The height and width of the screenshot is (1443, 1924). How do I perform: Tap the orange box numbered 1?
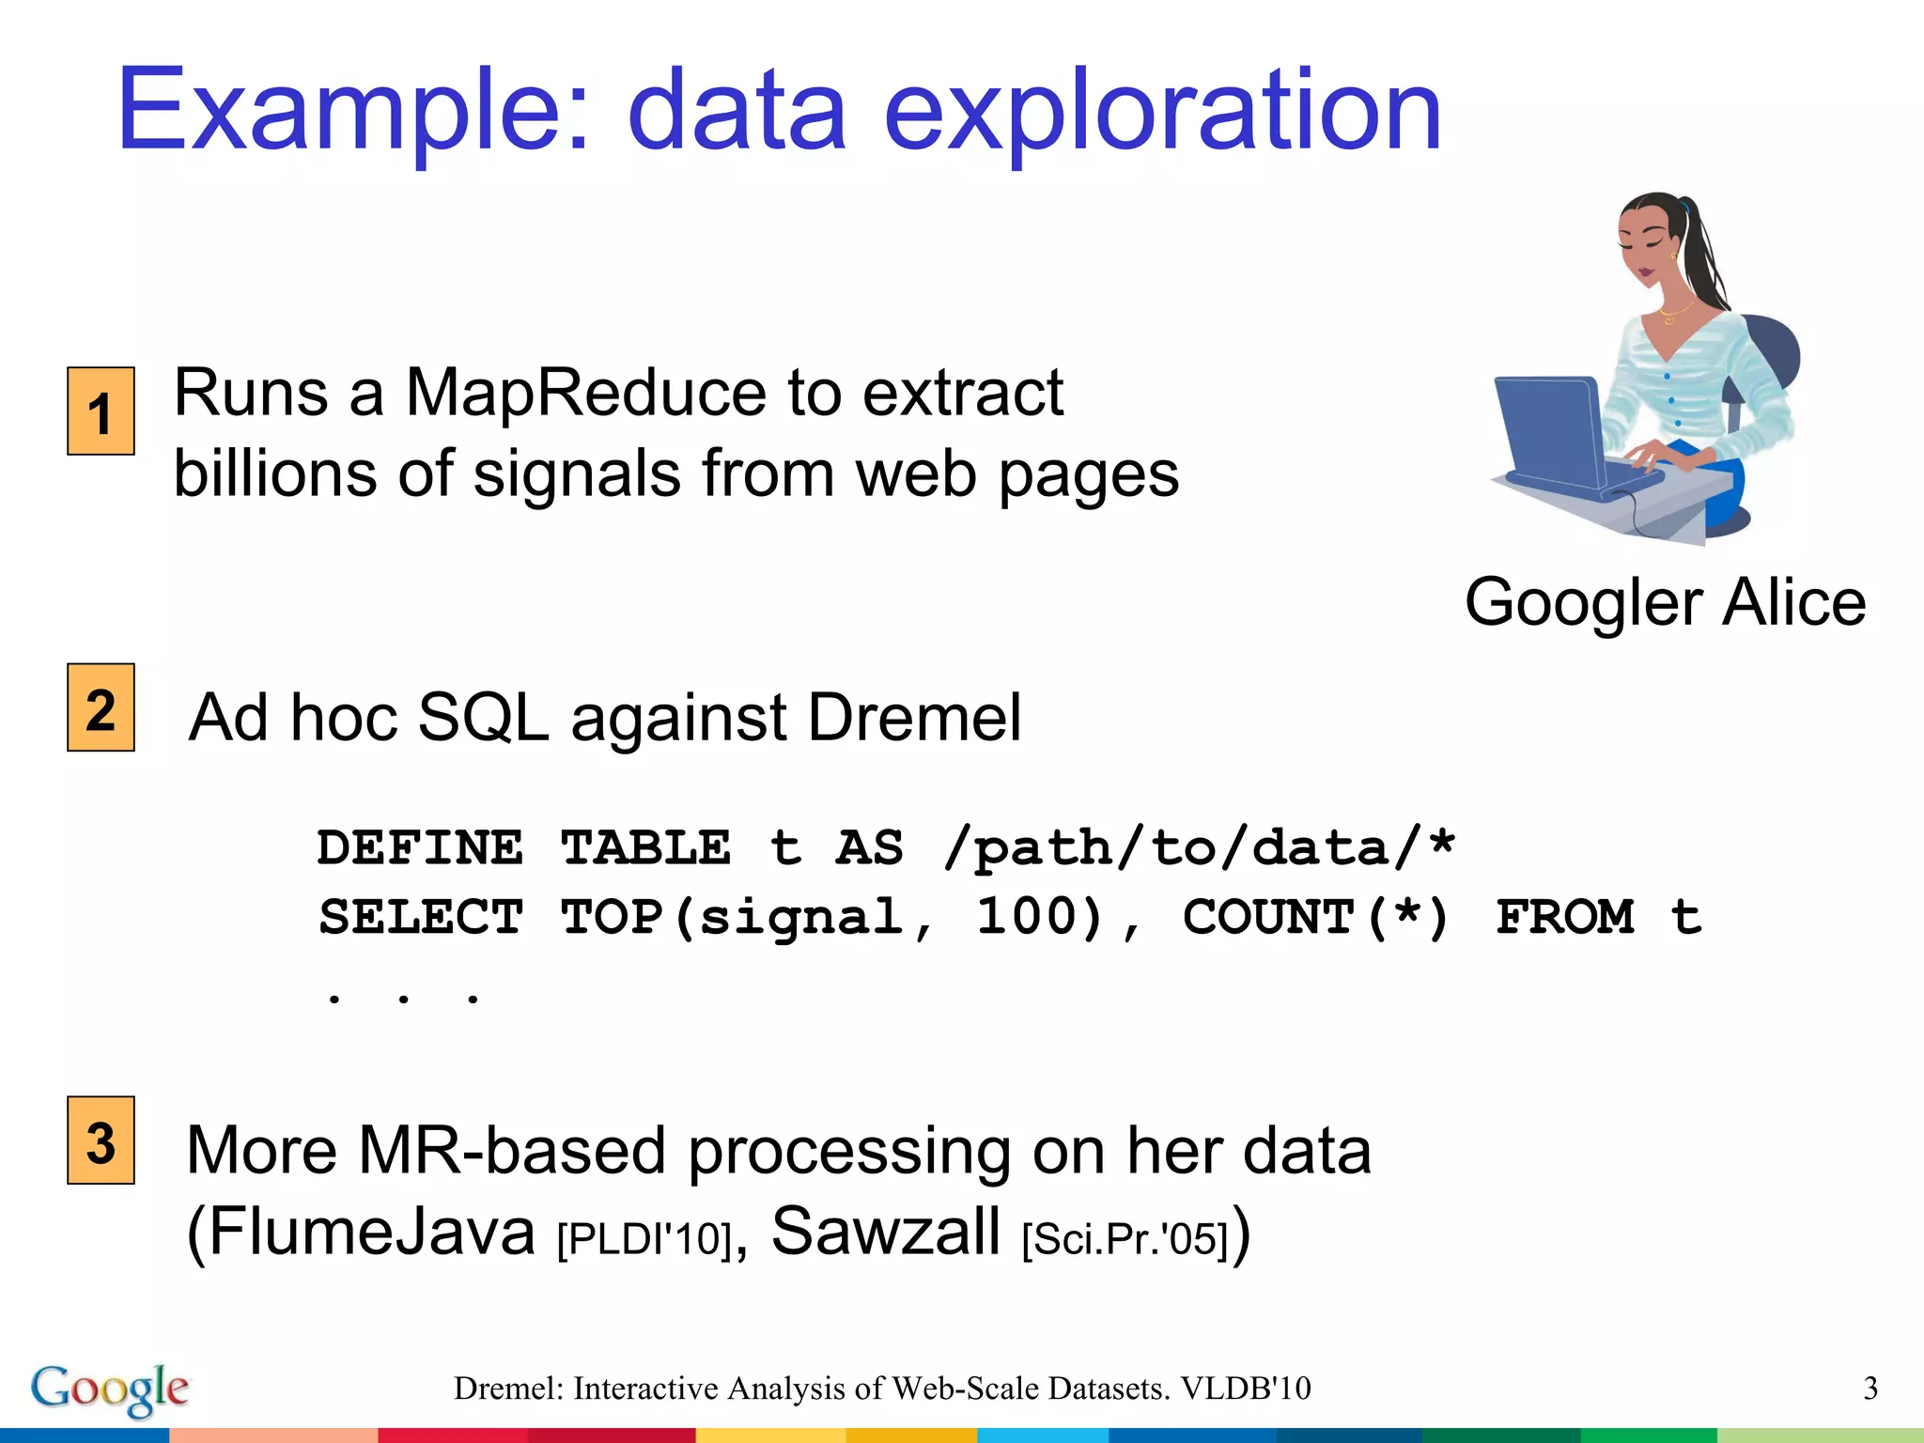101,411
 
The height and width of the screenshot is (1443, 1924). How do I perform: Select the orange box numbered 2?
101,707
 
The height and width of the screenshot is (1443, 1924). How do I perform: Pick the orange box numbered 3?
101,1140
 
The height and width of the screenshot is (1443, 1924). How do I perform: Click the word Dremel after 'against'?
913,718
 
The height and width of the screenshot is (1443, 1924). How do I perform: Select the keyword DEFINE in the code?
420,848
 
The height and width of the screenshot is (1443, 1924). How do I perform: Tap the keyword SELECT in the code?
420,918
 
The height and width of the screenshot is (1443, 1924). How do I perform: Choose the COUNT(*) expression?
1315,918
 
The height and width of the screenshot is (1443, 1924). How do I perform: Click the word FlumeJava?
361,1233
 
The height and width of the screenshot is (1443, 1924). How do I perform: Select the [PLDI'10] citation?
644,1239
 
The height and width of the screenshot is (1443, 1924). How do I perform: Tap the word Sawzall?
885,1232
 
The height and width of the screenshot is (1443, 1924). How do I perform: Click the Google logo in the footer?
110,1389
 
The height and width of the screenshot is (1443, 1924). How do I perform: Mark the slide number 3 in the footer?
1870,1389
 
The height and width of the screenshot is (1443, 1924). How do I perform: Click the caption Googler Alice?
1665,602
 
